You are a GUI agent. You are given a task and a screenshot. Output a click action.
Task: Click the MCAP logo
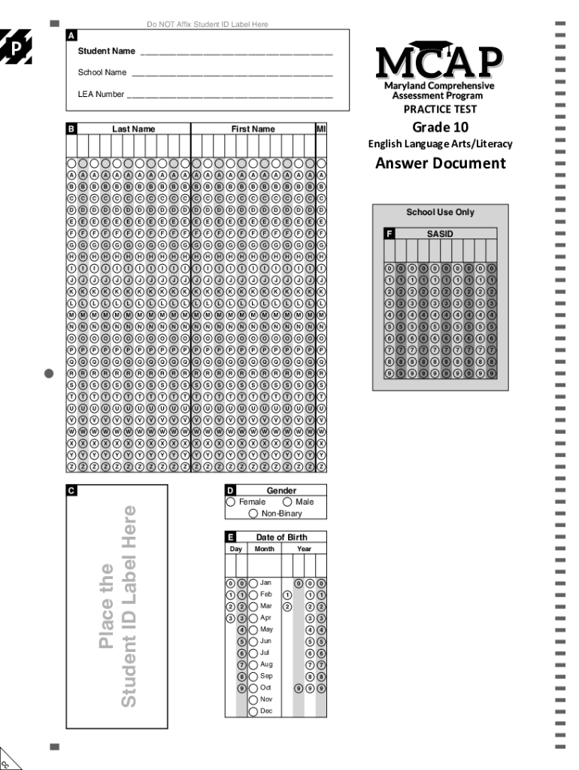(x=439, y=62)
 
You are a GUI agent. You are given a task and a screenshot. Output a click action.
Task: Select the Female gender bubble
(x=231, y=502)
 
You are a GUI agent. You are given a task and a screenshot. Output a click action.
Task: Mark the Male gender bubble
(x=288, y=502)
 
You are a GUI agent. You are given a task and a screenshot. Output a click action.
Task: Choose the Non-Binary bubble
(x=253, y=514)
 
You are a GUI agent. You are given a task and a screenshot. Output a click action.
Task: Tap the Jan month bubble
(x=253, y=583)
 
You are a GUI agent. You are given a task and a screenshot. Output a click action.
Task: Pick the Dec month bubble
(x=253, y=711)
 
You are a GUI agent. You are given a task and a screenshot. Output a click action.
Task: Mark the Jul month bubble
(x=253, y=653)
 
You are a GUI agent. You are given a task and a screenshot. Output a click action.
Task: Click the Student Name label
(x=107, y=51)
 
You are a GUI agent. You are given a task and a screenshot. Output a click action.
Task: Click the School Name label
(x=102, y=73)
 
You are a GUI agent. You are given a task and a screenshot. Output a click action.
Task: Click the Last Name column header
(x=134, y=129)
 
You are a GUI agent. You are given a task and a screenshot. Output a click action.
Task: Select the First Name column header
(x=253, y=129)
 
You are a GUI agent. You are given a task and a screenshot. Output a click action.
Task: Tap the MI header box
(x=321, y=129)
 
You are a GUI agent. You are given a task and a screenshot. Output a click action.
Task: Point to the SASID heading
(x=440, y=234)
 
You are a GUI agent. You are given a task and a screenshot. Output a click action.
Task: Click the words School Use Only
(x=440, y=212)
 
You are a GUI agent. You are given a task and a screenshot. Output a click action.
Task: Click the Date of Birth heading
(x=281, y=537)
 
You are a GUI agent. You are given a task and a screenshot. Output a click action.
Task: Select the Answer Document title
(x=440, y=163)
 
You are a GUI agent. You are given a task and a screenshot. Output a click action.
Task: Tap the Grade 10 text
(x=440, y=126)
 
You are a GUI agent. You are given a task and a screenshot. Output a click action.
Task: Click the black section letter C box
(x=71, y=490)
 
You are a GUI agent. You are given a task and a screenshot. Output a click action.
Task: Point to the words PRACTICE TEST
(x=440, y=109)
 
